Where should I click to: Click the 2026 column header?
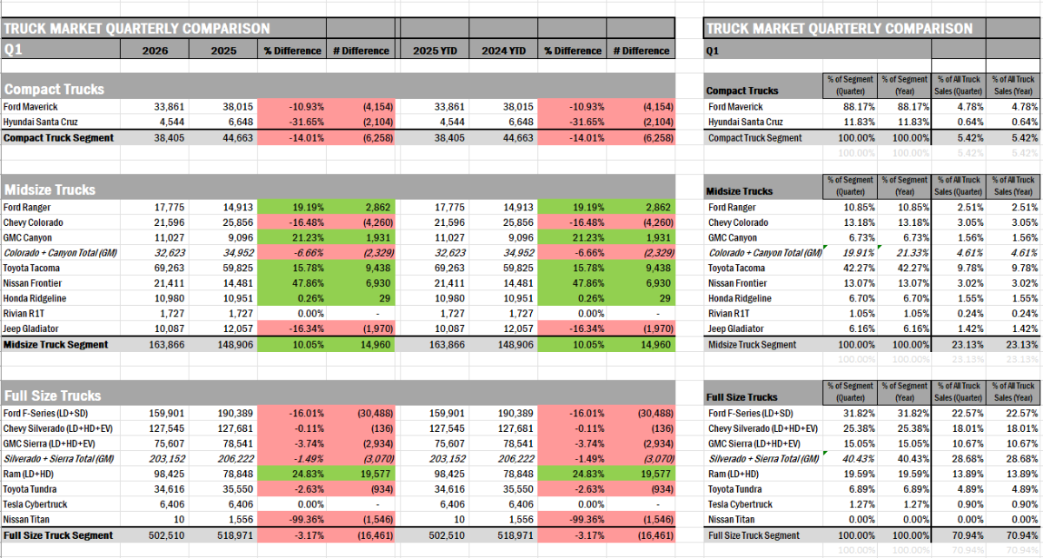coord(156,50)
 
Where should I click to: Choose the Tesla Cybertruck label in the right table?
coord(741,504)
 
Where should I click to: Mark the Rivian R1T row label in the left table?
coord(25,314)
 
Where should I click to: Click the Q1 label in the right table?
coord(713,50)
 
